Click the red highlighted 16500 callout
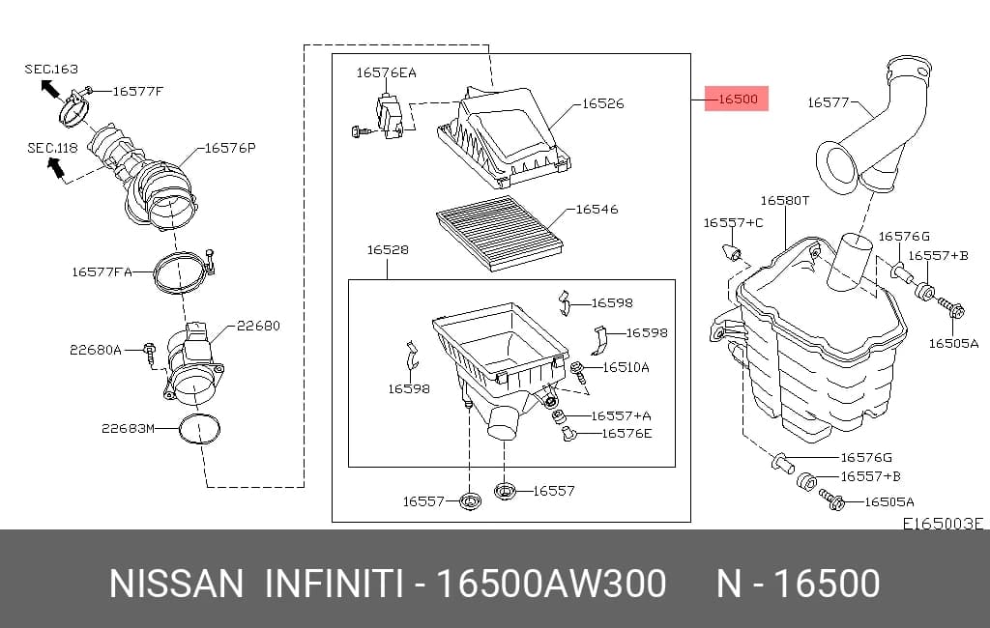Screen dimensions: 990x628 tap(736, 99)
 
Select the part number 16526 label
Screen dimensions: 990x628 tap(602, 103)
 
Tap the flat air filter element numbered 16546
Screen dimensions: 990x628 tap(500, 233)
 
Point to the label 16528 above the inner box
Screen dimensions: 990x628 tap(388, 250)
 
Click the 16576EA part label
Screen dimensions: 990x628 tap(387, 72)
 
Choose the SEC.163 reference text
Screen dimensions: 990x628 tap(51, 69)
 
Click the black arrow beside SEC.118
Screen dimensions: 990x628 tap(55, 167)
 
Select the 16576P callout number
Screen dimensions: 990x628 tap(230, 148)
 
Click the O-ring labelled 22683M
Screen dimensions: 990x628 tap(199, 430)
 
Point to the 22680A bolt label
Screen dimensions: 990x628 tap(96, 349)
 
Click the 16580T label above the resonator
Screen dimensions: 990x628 tap(785, 201)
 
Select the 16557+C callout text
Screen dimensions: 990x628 tap(733, 223)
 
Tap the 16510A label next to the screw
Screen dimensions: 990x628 tap(626, 367)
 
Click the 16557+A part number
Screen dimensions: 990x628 tap(621, 415)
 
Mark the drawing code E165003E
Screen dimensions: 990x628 tap(943, 524)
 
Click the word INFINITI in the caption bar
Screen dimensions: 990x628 tap(334, 583)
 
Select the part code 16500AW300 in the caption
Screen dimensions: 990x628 tap(551, 583)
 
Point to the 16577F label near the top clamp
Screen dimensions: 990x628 tap(137, 91)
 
